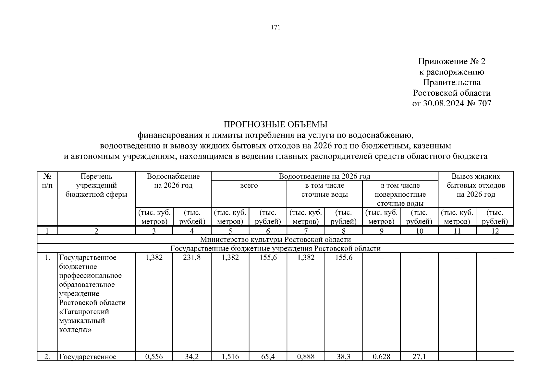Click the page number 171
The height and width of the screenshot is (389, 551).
click(x=275, y=28)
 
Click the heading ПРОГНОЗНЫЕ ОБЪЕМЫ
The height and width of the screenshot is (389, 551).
click(x=275, y=124)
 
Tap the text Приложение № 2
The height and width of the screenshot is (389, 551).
click(x=451, y=62)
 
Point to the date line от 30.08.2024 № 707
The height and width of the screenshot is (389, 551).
click(x=451, y=103)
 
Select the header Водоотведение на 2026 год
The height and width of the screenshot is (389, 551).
click(x=324, y=176)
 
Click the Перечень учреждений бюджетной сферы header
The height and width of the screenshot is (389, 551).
click(x=96, y=185)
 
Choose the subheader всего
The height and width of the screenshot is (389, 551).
click(x=249, y=185)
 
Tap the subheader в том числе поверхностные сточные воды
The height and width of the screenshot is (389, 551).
click(x=400, y=194)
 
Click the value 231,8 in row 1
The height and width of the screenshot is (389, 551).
click(x=192, y=257)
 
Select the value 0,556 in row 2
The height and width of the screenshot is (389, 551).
click(x=154, y=357)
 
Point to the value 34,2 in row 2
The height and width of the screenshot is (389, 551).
click(x=192, y=357)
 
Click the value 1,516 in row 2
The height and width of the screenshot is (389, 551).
click(x=230, y=357)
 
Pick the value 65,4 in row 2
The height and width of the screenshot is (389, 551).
click(x=268, y=357)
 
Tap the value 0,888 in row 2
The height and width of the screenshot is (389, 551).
click(x=306, y=357)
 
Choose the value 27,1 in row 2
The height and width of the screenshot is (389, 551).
click(x=419, y=357)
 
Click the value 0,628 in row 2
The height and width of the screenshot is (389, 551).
click(x=381, y=357)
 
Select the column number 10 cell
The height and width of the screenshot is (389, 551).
click(x=419, y=231)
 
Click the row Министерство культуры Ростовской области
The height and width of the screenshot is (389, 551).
click(x=275, y=240)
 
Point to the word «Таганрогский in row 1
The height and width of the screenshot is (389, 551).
click(x=84, y=312)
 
